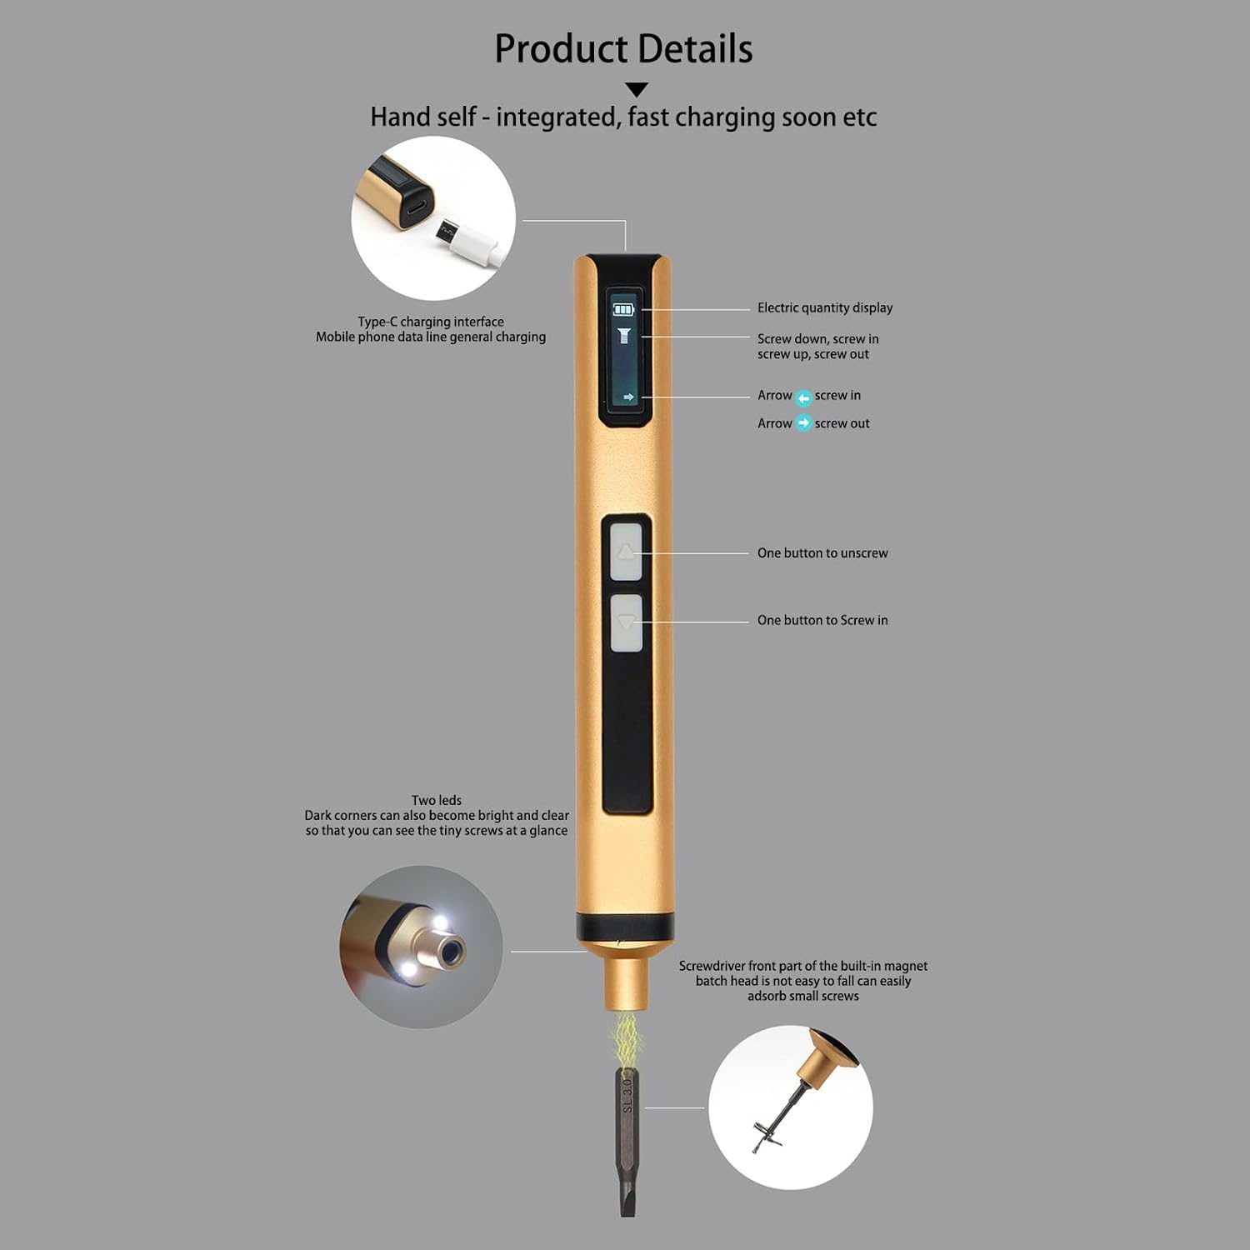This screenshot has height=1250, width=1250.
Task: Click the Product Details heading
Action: (623, 48)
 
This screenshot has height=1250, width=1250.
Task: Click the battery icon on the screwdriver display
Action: (623, 310)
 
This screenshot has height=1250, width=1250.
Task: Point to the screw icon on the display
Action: (623, 336)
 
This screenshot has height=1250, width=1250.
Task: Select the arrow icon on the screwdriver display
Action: (628, 397)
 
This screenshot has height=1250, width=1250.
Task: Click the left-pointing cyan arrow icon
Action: (803, 397)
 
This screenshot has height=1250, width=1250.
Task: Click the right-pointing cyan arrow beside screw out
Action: (803, 423)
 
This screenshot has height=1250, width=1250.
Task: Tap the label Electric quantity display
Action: (825, 307)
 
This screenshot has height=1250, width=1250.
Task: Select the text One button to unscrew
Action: (822, 553)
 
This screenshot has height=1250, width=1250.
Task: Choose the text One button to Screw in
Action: (822, 620)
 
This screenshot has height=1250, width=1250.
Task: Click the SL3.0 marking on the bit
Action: (627, 1094)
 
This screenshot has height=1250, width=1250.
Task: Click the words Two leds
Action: (437, 800)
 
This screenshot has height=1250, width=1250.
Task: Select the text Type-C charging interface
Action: (431, 322)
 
